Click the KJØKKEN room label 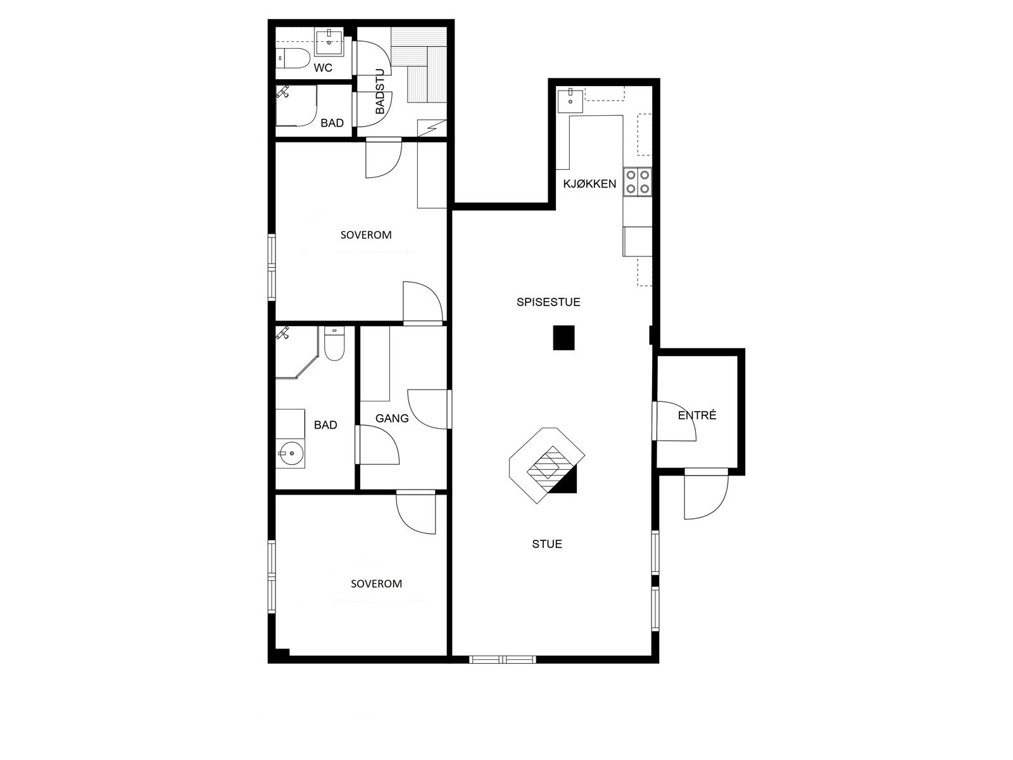(x=589, y=184)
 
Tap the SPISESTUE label (x=548, y=302)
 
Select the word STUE (x=547, y=544)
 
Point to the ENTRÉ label (x=697, y=415)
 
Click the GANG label (x=392, y=419)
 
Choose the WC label (x=323, y=68)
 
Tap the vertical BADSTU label (x=380, y=91)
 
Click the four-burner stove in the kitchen (x=638, y=181)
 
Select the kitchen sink (x=570, y=100)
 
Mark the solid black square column (x=564, y=338)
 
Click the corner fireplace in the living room (x=548, y=465)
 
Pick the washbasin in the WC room (x=329, y=42)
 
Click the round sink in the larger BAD (x=290, y=453)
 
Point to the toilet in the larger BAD (x=334, y=344)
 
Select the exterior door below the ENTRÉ (x=706, y=494)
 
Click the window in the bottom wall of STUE (x=503, y=659)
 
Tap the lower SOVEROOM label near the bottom (x=376, y=584)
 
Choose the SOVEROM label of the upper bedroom (x=366, y=235)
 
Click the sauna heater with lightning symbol (x=432, y=128)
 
